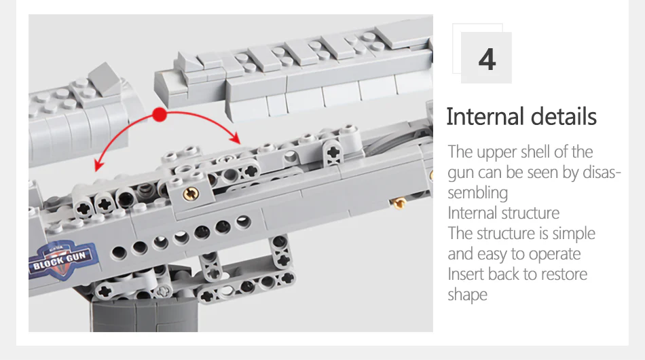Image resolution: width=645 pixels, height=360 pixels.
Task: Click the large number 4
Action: click(487, 60)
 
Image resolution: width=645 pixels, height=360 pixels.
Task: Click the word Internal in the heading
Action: click(485, 116)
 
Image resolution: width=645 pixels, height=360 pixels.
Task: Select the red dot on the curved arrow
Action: click(160, 115)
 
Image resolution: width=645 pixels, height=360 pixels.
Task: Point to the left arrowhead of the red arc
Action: click(98, 165)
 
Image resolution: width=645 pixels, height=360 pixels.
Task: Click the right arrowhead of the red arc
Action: click(236, 138)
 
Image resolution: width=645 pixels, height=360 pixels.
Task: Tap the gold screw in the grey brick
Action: click(191, 194)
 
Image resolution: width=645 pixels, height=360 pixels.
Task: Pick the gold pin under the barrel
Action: click(399, 202)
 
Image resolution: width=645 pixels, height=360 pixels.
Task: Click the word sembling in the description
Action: click(478, 193)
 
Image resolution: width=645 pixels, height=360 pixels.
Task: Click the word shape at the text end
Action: click(467, 295)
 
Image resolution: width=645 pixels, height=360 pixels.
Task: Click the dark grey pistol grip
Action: click(144, 315)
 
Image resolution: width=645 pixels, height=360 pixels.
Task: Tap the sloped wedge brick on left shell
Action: click(105, 79)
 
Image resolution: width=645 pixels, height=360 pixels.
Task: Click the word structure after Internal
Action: click(532, 213)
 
